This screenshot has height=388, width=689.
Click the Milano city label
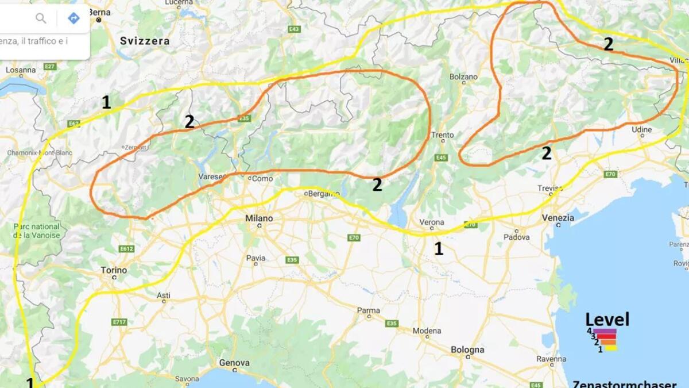coord(259,218)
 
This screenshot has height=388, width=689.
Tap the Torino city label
coord(114,270)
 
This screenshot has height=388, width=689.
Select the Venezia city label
coord(558,218)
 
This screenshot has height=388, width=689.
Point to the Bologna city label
coord(467,349)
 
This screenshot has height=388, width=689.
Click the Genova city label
coord(234,363)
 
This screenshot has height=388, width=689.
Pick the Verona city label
coord(432,222)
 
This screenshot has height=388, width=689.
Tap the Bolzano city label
coord(463,76)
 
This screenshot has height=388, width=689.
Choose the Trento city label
coord(443,135)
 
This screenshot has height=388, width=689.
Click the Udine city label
coord(642,130)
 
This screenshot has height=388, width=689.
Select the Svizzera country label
coord(145,41)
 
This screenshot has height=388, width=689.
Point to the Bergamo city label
coord(324,194)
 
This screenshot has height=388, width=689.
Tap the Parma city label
coord(368,310)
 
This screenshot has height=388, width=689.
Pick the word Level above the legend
coord(607,320)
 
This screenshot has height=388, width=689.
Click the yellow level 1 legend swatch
coord(610,348)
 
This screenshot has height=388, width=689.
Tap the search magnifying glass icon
coord(41,18)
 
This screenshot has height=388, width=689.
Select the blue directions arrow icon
coord(73,18)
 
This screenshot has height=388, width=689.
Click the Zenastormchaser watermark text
coord(625,383)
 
